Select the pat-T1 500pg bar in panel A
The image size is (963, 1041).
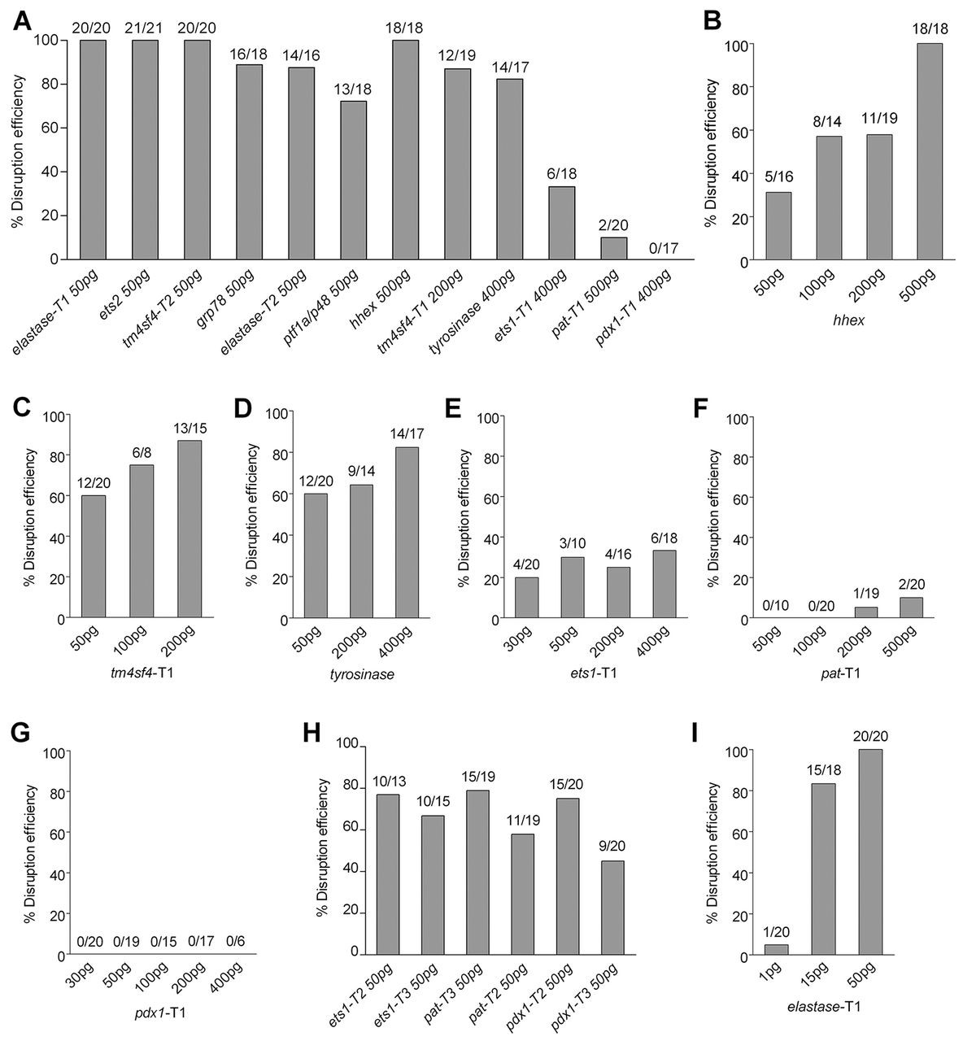tap(614, 248)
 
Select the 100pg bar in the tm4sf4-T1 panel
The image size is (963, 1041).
tap(141, 542)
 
